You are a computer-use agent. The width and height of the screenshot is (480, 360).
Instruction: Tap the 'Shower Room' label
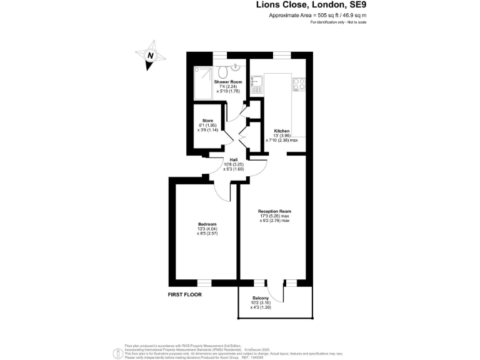(227, 82)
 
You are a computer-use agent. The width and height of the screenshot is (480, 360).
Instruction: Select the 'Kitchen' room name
(281, 131)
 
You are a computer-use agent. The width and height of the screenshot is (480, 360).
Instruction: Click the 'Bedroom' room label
(207, 224)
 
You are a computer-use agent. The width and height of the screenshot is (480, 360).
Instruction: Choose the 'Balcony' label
(261, 298)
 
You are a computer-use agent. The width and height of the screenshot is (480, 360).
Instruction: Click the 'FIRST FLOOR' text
(188, 293)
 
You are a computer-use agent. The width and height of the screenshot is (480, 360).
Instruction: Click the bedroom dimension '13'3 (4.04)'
(207, 229)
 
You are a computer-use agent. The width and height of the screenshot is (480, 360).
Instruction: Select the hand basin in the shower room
(237, 66)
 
